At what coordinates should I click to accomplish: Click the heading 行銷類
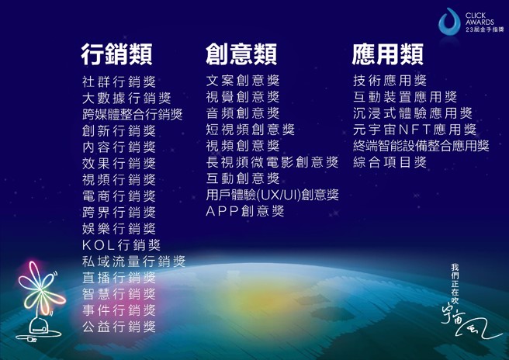116,54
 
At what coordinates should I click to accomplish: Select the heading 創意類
241,54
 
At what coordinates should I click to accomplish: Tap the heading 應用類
387,54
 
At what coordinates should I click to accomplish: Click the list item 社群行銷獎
119,81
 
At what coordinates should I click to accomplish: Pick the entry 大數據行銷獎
126,98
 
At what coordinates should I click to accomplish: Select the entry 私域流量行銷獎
133,261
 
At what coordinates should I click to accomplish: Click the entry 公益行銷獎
119,327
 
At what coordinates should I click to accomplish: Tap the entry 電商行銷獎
119,196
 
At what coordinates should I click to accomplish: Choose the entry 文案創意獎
243,81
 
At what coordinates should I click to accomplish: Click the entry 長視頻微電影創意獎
272,162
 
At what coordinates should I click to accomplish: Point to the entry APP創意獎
245,211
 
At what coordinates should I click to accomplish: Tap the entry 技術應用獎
390,81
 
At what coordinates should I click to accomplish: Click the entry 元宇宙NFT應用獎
414,130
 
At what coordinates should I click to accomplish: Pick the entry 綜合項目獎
390,162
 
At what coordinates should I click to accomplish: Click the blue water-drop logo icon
450,22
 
